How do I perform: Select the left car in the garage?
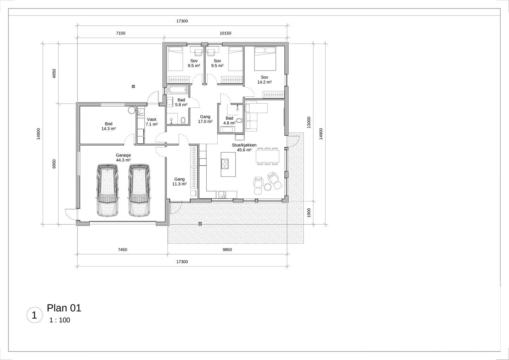(107, 190)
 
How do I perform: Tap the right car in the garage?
(139, 190)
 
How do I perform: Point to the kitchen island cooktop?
(225, 164)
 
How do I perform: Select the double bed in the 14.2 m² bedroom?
(265, 59)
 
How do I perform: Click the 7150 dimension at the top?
(121, 33)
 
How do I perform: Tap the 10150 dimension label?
(225, 33)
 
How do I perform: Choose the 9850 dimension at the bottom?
(227, 250)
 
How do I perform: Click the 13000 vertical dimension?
(309, 122)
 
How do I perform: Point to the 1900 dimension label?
(309, 213)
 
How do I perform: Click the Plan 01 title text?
(64, 308)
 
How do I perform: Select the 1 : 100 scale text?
(60, 320)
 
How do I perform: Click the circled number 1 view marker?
(34, 315)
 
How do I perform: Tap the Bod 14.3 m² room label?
(108, 126)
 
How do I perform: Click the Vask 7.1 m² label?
(152, 122)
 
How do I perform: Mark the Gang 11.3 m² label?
(179, 181)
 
